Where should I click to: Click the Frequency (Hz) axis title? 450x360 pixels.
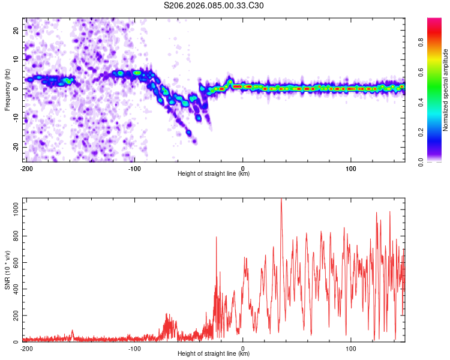pyautogui.click(x=8, y=90)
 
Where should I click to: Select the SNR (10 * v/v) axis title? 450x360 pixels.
pyautogui.click(x=8, y=269)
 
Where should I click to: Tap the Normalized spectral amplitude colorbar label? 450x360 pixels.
pyautogui.click(x=446, y=90)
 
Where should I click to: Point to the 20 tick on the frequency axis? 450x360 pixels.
pyautogui.click(x=16, y=30)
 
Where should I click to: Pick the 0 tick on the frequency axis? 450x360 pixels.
pyautogui.click(x=19, y=89)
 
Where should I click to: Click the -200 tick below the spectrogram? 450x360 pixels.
pyautogui.click(x=26, y=168)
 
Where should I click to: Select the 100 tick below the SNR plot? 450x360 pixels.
pyautogui.click(x=351, y=348)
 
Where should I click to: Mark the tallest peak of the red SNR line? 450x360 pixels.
pyautogui.click(x=281, y=199)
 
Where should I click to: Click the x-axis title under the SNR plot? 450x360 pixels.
pyautogui.click(x=214, y=354)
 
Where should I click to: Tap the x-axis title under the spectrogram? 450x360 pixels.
pyautogui.click(x=214, y=174)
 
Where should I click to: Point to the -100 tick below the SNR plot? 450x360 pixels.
pyautogui.click(x=134, y=348)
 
